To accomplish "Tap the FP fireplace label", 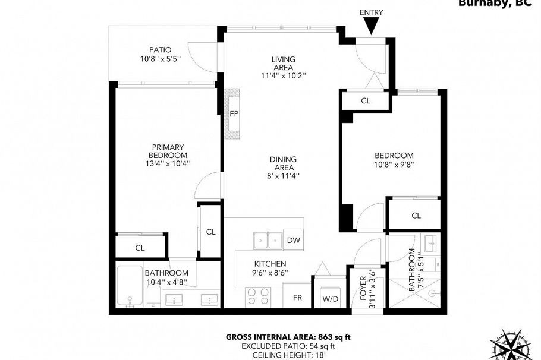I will click(234, 114).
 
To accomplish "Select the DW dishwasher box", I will click(293, 240).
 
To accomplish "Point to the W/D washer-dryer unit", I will click(330, 298).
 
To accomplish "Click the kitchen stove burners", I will click(257, 296).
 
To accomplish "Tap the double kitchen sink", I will click(268, 240).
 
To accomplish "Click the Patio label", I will click(160, 50).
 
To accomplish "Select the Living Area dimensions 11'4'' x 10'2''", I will click(283, 75).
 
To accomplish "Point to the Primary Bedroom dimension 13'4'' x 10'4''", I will click(168, 163).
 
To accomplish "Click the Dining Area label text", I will click(283, 163).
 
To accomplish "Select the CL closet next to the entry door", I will click(366, 101).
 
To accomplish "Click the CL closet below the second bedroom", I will click(416, 216).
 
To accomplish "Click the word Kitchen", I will click(270, 264).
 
